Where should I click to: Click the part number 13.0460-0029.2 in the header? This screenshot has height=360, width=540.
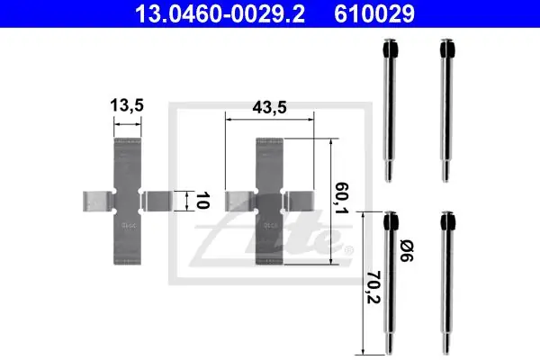tap(220, 13)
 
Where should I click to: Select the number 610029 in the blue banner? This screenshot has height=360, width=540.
tap(374, 13)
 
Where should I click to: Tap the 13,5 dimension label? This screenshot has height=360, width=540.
tap(127, 105)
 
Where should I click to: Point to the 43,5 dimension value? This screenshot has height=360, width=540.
tap(269, 107)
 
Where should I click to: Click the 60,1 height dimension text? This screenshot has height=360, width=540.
tap(341, 198)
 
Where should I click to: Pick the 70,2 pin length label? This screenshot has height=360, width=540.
tap(373, 287)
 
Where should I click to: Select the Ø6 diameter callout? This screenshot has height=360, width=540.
tap(407, 251)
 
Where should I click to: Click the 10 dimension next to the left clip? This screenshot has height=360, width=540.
tap(202, 201)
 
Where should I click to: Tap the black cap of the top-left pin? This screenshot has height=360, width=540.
tap(391, 49)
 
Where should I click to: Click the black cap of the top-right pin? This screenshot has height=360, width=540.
tap(447, 49)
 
